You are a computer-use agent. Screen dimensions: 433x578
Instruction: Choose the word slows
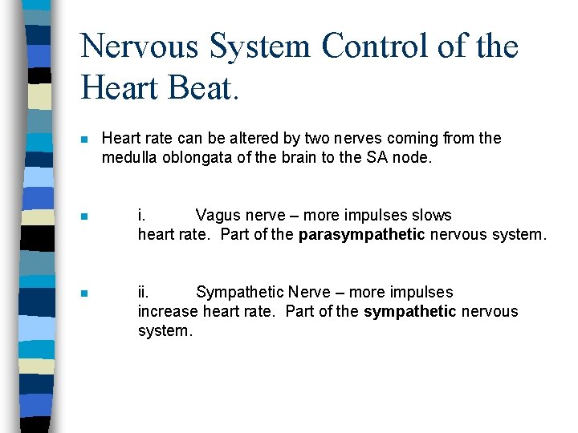tap(431, 215)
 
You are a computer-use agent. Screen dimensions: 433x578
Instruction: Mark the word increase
tap(168, 311)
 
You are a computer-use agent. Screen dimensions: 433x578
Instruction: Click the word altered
tap(234, 138)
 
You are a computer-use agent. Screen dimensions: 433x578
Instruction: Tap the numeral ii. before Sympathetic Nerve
tap(143, 292)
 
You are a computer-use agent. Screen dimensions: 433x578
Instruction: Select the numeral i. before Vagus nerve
tap(141, 215)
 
